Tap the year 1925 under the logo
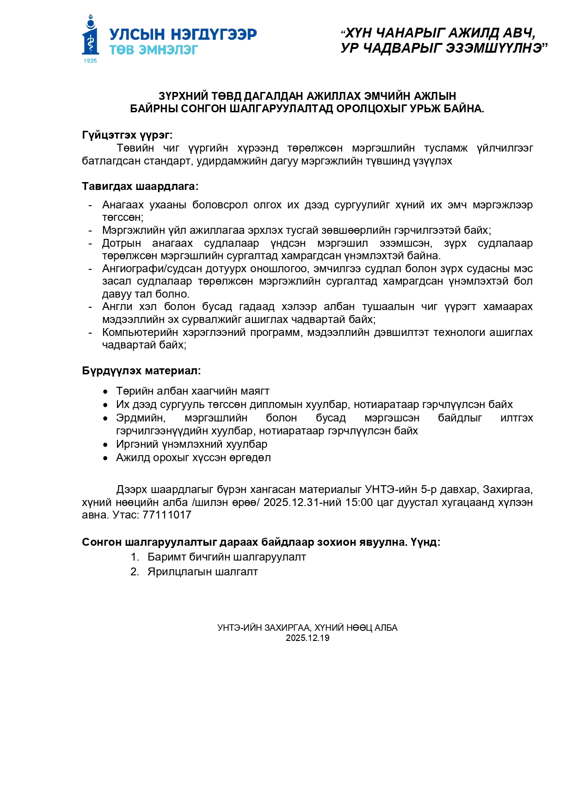click(90, 61)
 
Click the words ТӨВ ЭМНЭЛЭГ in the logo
click(154, 50)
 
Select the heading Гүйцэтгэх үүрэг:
click(127, 135)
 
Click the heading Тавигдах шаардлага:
click(140, 186)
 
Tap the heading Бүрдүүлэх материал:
click(142, 371)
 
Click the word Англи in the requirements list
click(117, 306)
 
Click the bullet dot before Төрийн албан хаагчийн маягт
click(106, 392)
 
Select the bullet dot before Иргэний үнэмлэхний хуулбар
click(106, 445)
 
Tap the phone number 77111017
click(167, 515)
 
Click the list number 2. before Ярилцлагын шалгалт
click(135, 572)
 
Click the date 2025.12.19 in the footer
click(308, 638)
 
